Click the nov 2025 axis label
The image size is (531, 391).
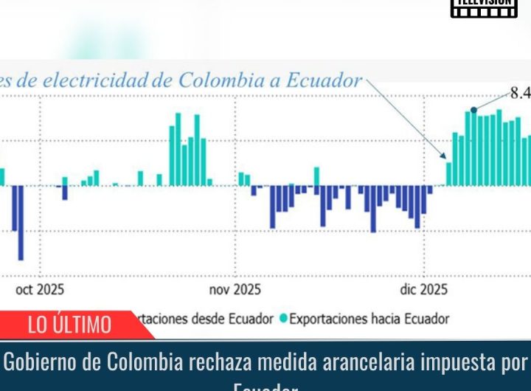[x=235, y=290]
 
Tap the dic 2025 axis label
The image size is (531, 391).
[x=423, y=290]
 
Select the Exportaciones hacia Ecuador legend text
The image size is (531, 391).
[x=369, y=319]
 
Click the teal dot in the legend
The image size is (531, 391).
[x=283, y=319]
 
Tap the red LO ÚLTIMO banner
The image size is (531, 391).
[x=70, y=324]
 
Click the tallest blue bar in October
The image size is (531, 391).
[x=20, y=222]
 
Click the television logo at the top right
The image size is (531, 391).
[x=483, y=8]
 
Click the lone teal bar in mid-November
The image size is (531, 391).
[x=316, y=176]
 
